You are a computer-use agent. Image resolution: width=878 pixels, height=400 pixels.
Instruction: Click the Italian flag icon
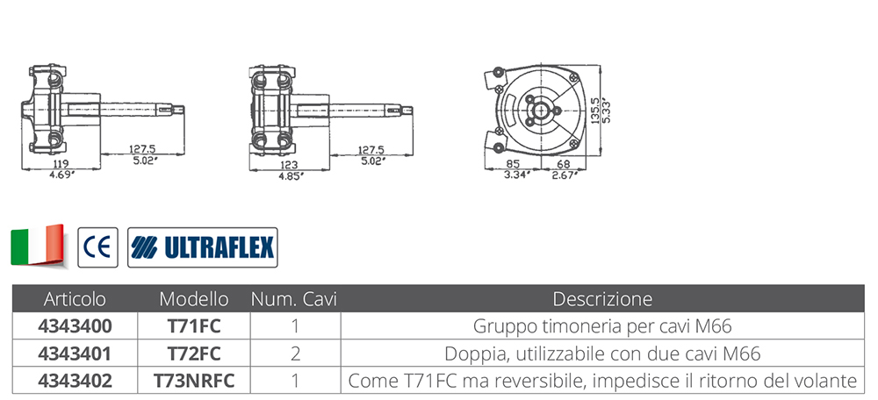(x=38, y=246)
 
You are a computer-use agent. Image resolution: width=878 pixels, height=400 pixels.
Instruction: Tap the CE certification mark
(x=98, y=247)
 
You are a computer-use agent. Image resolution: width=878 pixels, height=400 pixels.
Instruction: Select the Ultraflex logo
(x=203, y=247)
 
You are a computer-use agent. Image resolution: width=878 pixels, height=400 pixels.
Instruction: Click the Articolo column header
(x=75, y=299)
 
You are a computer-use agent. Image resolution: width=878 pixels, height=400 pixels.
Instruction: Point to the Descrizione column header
(x=602, y=299)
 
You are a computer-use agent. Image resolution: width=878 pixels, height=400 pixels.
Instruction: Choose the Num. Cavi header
(x=294, y=299)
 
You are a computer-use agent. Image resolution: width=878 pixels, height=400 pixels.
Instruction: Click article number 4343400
(x=75, y=326)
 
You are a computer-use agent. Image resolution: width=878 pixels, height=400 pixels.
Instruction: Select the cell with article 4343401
(x=75, y=354)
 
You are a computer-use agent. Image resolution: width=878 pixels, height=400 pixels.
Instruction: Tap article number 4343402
(x=75, y=381)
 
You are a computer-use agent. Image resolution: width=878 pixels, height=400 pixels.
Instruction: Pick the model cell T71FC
(x=194, y=326)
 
